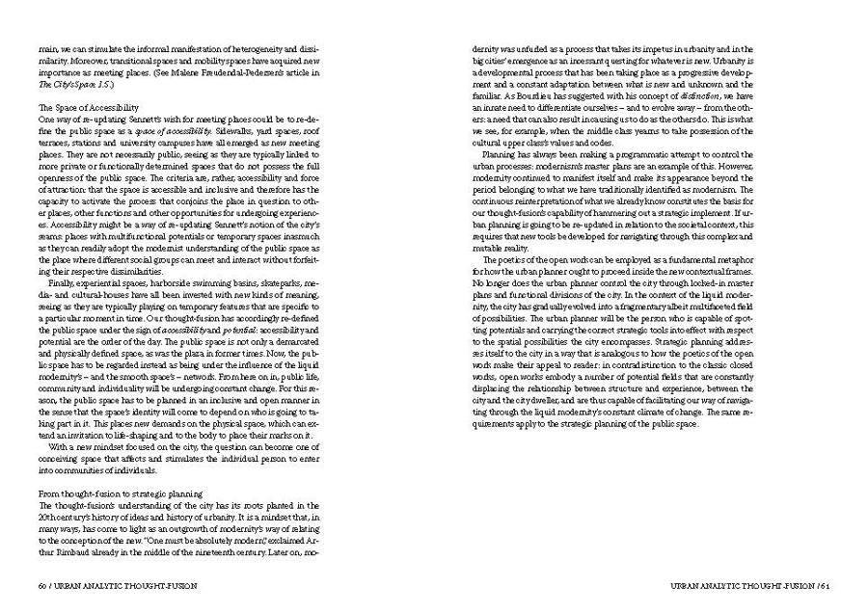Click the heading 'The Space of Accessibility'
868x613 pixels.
click(x=89, y=107)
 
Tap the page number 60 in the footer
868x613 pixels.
click(x=42, y=584)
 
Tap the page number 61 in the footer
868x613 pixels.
click(x=822, y=584)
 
